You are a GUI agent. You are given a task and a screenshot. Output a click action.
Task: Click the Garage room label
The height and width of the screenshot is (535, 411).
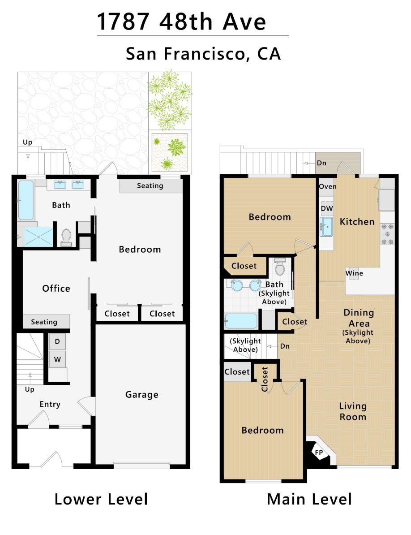click(x=142, y=395)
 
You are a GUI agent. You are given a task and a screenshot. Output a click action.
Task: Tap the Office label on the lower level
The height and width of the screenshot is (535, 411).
click(x=56, y=289)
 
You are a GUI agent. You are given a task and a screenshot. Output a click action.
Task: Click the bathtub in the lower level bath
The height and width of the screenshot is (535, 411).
click(x=26, y=200)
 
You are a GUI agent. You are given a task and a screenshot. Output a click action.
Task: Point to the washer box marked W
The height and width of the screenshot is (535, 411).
click(x=57, y=359)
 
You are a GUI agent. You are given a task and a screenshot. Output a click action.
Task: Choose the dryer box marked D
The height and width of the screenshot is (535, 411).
click(x=57, y=341)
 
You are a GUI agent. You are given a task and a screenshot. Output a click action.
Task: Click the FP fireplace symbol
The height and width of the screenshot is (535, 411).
click(x=319, y=453)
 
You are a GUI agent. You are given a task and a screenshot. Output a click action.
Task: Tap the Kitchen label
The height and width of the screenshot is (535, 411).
click(x=357, y=222)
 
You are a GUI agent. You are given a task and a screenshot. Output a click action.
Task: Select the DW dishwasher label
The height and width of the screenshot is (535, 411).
click(x=327, y=208)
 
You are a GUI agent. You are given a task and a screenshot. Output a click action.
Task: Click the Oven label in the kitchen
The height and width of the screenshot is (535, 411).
click(x=328, y=187)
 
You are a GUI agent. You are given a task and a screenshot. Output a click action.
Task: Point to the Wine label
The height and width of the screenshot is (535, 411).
click(x=354, y=273)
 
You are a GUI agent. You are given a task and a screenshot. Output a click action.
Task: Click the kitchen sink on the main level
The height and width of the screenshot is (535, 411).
click(x=326, y=227)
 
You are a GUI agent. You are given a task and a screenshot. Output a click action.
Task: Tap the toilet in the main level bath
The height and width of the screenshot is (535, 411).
click(x=280, y=267)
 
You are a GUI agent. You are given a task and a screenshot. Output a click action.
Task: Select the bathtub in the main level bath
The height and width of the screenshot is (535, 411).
click(x=241, y=321)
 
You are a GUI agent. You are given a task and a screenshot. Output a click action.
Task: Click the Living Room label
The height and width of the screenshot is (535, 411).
click(x=353, y=411)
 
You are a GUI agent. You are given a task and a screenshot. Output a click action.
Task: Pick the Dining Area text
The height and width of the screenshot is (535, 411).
click(x=359, y=318)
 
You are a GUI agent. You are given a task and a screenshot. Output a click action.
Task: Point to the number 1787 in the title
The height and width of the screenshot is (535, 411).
click(x=124, y=22)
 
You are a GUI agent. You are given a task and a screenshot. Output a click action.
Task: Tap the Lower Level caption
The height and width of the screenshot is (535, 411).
click(x=101, y=500)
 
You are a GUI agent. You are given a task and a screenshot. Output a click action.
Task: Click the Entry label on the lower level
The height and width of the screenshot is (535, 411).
click(x=50, y=405)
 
